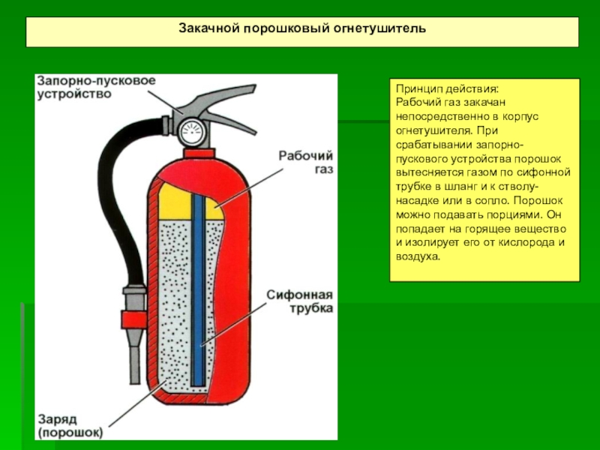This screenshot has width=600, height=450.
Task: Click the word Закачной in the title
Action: click(x=206, y=28)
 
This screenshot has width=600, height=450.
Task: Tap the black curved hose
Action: click(x=120, y=195)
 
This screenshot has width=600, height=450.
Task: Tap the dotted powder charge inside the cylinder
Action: click(x=176, y=300)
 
